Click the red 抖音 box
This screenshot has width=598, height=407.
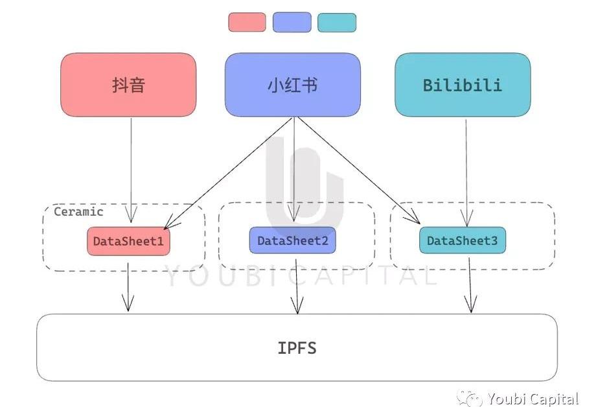click(x=128, y=85)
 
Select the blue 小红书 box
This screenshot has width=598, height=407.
click(x=293, y=85)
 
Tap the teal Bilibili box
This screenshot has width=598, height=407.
click(x=463, y=85)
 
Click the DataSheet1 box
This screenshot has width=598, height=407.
click(x=128, y=241)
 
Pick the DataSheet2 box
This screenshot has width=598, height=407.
click(x=292, y=240)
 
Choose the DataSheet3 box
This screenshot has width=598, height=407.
click(x=462, y=240)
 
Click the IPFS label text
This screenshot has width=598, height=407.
click(x=297, y=348)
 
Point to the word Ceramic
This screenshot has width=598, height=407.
click(x=78, y=212)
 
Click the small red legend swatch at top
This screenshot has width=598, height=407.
click(x=247, y=22)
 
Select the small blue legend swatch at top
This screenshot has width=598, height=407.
click(x=292, y=22)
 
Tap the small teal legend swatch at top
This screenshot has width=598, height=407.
click(x=337, y=23)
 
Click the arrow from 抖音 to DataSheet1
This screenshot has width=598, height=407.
click(x=131, y=170)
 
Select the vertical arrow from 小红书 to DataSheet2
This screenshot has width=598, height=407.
click(x=294, y=169)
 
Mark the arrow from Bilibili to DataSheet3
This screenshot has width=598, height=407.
click(x=466, y=173)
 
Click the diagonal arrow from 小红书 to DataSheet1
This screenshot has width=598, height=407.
click(x=228, y=173)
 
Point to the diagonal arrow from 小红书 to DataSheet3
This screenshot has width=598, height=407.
click(x=358, y=170)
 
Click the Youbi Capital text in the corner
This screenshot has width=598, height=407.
click(x=533, y=399)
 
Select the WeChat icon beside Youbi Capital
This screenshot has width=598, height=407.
click(x=470, y=399)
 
